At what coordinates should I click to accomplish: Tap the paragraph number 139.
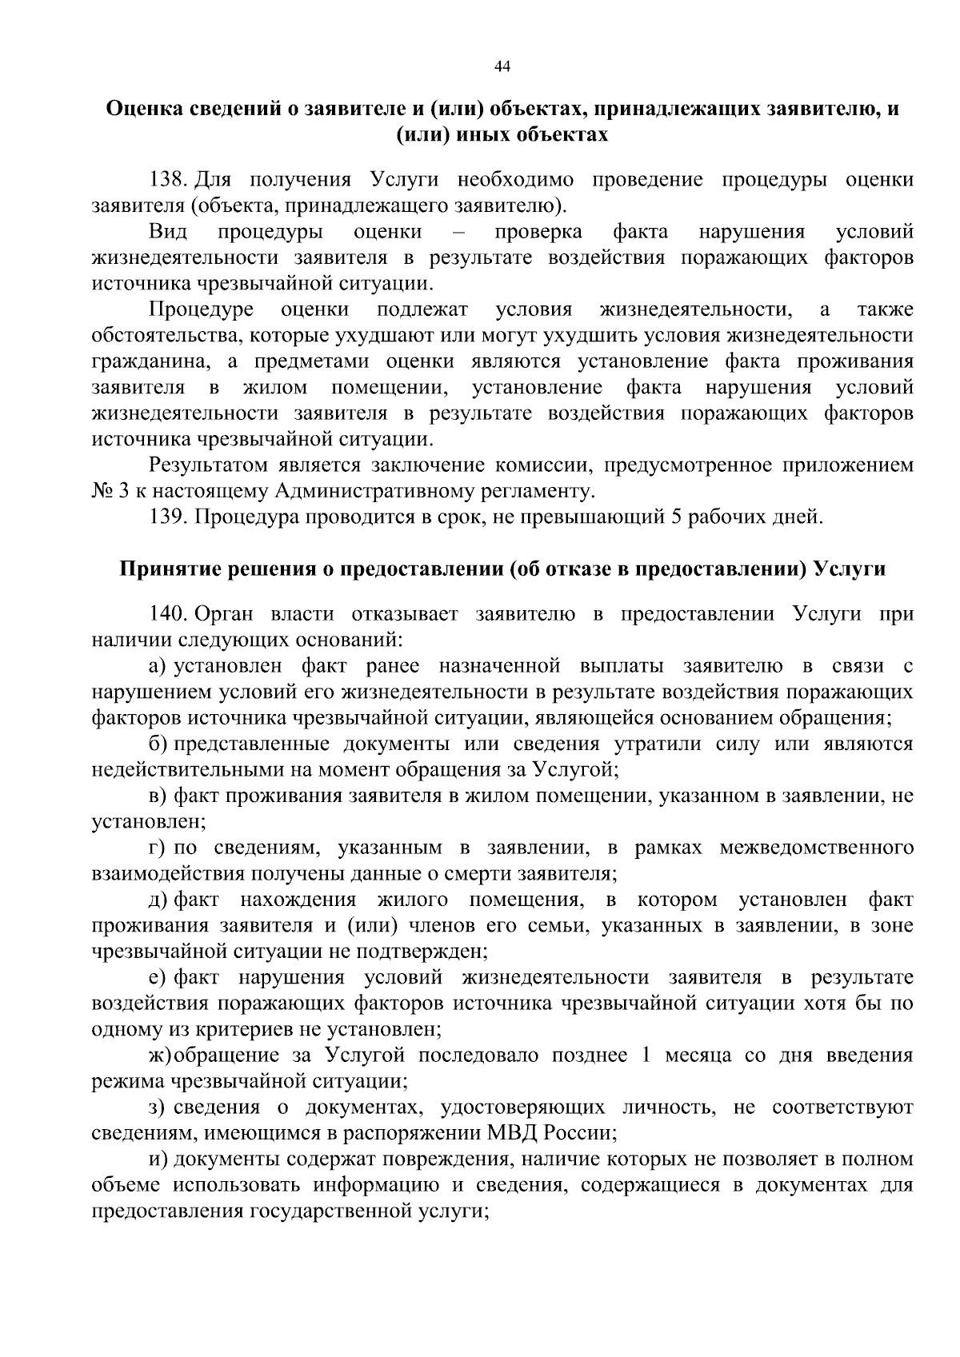pyautogui.click(x=169, y=517)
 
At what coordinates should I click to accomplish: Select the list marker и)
pyautogui.click(x=157, y=1159)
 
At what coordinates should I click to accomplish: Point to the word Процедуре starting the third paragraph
pyautogui.click(x=202, y=309)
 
